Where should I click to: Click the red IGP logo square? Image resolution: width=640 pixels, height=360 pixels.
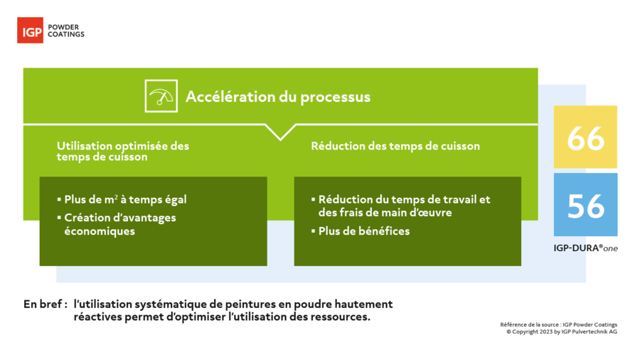pos(30,30)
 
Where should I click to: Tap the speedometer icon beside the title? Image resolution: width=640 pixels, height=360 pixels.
pos(161,96)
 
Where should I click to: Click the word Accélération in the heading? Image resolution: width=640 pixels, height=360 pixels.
pos(230,97)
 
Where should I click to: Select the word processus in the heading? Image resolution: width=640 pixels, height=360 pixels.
pos(335,97)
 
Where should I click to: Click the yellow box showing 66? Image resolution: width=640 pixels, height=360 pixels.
pos(585,137)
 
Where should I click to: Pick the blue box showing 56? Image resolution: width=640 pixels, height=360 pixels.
pos(585,204)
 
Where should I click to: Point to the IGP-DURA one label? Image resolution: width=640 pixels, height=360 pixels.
pos(585,248)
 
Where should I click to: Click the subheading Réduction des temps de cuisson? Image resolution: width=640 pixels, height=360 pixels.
pos(395,146)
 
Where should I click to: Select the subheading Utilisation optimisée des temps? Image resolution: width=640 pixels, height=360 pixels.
pos(123,152)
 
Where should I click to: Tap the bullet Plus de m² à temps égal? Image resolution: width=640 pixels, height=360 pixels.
pos(122,200)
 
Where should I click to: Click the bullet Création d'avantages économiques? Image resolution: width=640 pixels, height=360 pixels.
pos(117,224)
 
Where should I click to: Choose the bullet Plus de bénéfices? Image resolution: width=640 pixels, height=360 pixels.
pos(361,231)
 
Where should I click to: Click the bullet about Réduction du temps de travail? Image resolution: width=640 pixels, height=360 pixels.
pos(401,206)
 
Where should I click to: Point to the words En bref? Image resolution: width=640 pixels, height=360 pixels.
pos(46,304)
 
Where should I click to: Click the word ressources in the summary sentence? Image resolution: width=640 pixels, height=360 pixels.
pos(340,317)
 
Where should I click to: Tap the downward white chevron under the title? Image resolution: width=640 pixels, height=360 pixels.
pos(280,132)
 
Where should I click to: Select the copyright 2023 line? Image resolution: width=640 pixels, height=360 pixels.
pos(562,332)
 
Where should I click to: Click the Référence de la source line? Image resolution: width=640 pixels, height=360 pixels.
pos(558,324)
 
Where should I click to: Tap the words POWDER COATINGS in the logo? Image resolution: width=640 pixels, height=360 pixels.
pos(66,31)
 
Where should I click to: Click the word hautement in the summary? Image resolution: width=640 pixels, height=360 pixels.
pos(363,304)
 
